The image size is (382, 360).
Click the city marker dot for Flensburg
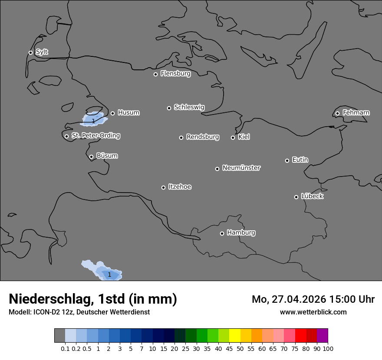(x=155, y=74)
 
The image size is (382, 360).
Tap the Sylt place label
(x=42, y=52)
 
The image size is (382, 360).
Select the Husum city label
(x=128, y=113)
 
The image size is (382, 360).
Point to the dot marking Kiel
(x=233, y=137)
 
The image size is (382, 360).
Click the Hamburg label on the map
(x=241, y=232)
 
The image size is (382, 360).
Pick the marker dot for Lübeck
(x=296, y=197)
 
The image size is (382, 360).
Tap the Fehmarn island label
(x=356, y=113)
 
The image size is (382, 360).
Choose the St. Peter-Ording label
(x=95, y=136)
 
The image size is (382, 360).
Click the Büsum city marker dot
(x=91, y=157)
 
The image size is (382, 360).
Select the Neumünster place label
(x=241, y=168)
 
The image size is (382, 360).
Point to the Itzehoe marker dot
(x=163, y=187)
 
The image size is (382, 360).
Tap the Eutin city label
(x=300, y=160)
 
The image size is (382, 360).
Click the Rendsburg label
(x=203, y=137)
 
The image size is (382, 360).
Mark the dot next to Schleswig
(x=169, y=108)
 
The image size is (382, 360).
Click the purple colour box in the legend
(x=322, y=336)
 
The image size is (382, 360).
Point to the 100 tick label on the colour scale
(x=328, y=348)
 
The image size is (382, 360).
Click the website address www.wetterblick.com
(x=313, y=312)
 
